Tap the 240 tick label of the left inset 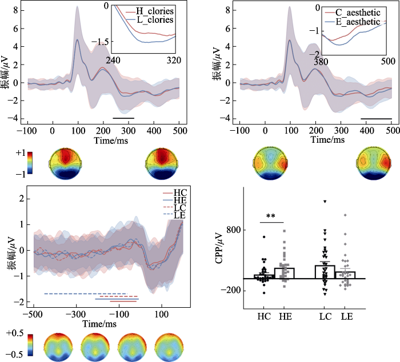pos(113,60)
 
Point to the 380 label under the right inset pos(321,61)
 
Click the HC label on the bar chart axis pos(264,316)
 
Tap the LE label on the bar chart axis pos(346,316)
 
